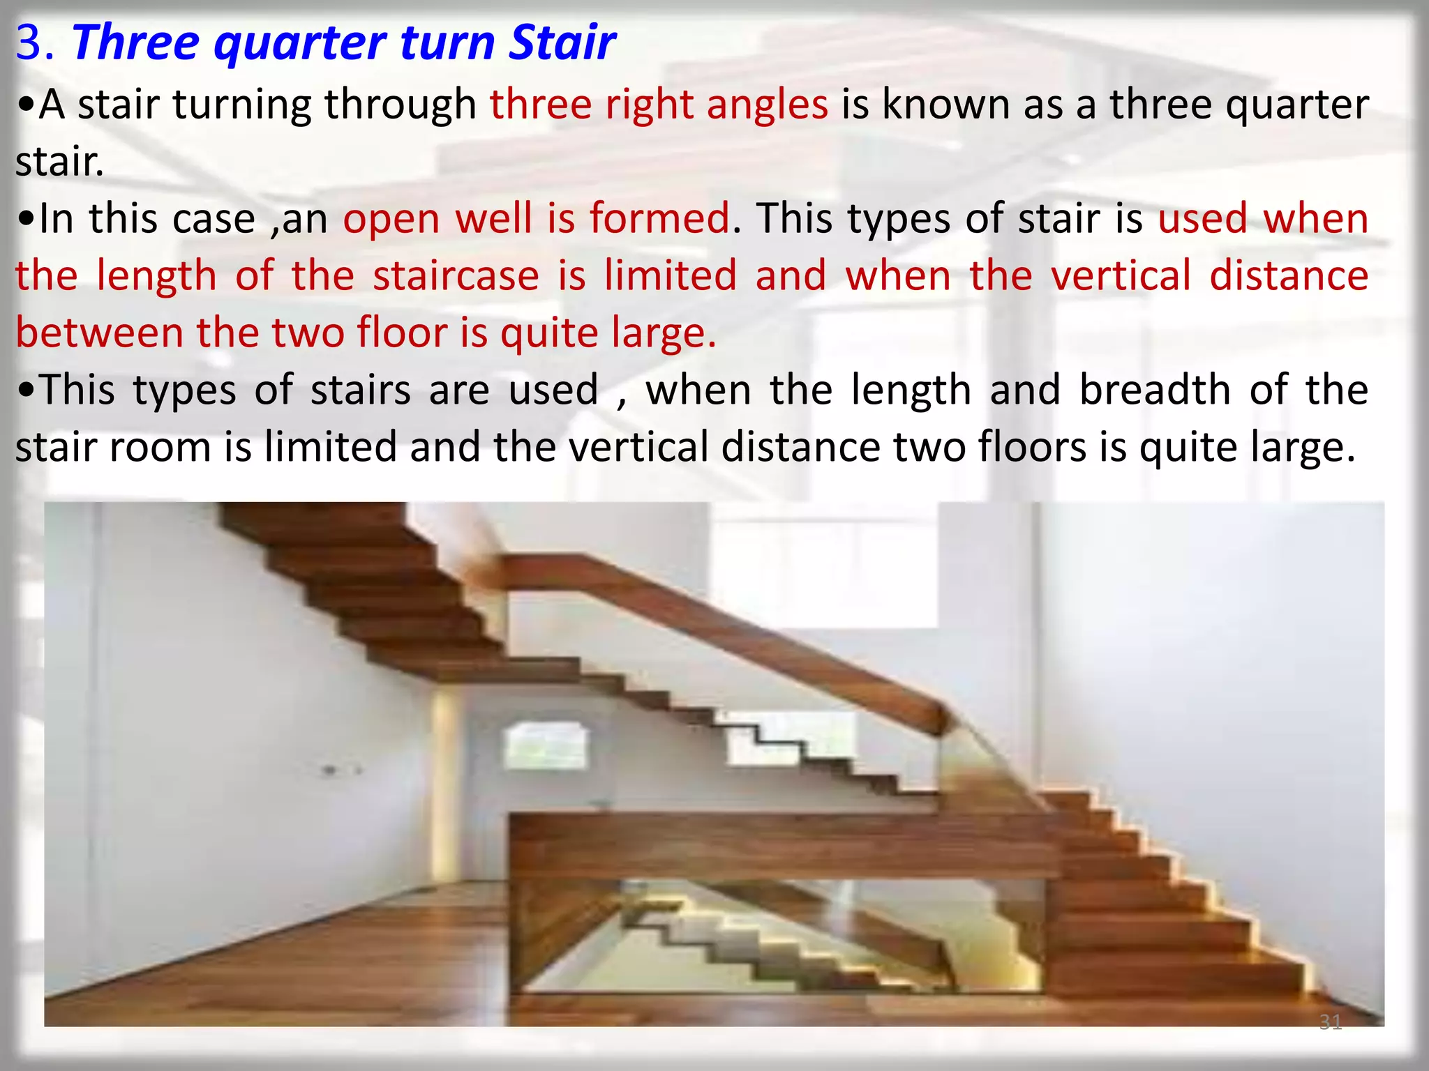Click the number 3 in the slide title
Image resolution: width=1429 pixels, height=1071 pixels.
(x=29, y=43)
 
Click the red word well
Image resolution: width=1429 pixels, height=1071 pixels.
(x=493, y=218)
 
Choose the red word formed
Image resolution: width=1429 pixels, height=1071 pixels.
(x=659, y=218)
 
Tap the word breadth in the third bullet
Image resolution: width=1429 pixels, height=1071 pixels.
(x=1155, y=390)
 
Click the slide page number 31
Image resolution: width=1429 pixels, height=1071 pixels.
(x=1330, y=1022)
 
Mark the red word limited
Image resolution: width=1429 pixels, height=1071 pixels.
(x=671, y=275)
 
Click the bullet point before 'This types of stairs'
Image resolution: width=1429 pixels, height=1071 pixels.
(x=26, y=391)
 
